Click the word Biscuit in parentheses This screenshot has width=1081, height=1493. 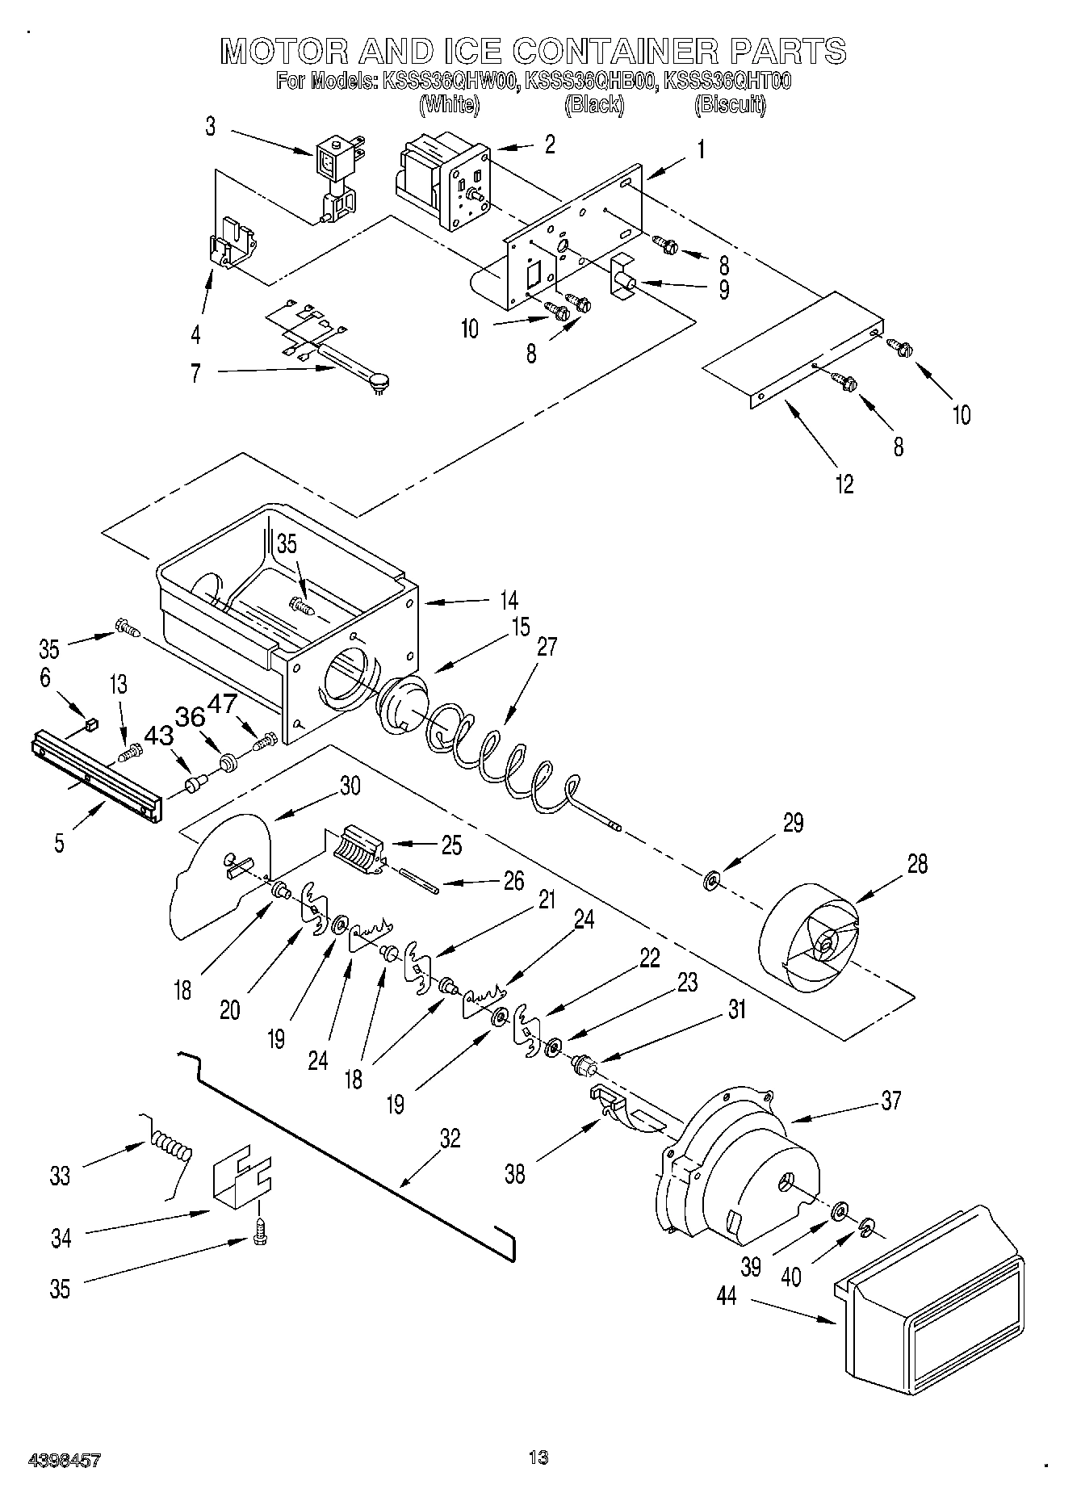pos(730,104)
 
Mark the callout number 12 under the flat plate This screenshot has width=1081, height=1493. pos(844,484)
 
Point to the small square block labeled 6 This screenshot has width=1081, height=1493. pos(91,724)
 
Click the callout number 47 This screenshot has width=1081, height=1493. pos(223,703)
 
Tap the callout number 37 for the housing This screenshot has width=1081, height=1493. pos(890,1101)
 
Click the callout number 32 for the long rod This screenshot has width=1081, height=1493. pos(450,1138)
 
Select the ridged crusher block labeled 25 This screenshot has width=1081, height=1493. pos(355,849)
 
